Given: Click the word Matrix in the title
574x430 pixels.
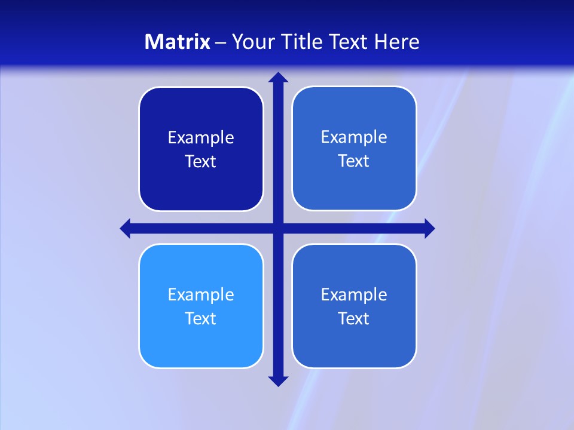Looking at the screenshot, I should [x=178, y=42].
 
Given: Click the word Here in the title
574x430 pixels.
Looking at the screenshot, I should [x=397, y=42].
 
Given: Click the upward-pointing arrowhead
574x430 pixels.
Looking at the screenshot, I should [x=278, y=77].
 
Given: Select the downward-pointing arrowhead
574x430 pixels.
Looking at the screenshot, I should [x=278, y=381].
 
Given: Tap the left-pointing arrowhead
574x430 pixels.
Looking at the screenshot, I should [x=126, y=228].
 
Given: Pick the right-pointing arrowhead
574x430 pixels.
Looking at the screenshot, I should [x=429, y=228].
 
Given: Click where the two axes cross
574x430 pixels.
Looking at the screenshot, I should [x=278, y=228].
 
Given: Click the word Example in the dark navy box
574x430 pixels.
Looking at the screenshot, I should [x=201, y=138].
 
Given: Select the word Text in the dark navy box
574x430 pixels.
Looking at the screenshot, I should [x=201, y=162].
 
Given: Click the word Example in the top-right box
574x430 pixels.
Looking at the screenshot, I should [x=354, y=137].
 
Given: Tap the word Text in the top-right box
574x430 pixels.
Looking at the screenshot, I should [x=354, y=161].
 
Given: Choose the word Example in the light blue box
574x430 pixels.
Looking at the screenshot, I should [x=201, y=295].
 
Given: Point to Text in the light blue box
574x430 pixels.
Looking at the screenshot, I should [x=201, y=319].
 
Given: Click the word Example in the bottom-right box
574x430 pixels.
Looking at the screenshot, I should [x=354, y=295].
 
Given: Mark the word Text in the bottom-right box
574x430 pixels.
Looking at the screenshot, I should [x=354, y=319].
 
